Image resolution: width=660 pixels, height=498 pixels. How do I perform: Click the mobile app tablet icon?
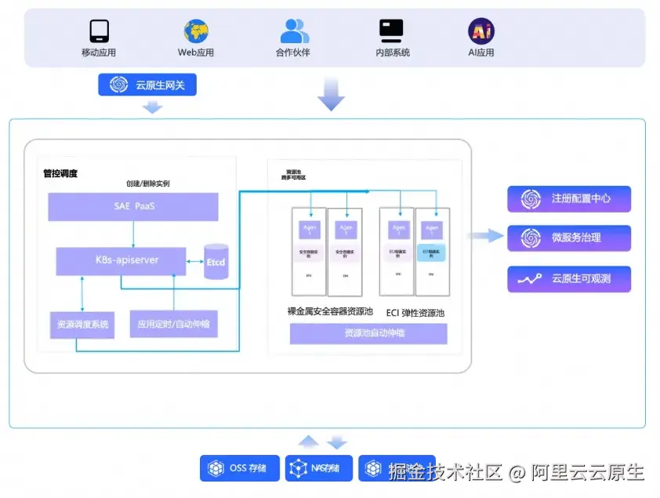click(99, 31)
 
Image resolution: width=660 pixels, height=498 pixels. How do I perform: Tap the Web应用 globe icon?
click(196, 31)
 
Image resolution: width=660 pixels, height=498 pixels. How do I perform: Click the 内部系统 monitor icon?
click(391, 31)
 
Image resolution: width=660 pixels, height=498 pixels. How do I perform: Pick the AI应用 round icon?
click(481, 31)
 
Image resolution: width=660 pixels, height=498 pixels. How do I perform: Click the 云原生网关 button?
click(147, 85)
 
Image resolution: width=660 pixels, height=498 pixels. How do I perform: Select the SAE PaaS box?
click(132, 206)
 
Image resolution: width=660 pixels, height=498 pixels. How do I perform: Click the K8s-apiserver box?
click(121, 260)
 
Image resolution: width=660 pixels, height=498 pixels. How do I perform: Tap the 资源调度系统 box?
click(82, 324)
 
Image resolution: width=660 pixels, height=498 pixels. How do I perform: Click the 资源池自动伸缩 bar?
click(368, 333)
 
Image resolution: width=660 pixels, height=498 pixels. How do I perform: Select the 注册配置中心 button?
click(569, 199)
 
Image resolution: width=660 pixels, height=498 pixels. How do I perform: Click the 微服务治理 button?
click(569, 238)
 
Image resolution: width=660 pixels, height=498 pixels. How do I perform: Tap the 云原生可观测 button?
click(569, 278)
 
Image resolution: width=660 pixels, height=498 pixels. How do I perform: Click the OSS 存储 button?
click(240, 468)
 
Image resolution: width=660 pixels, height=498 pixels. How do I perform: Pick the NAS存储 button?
click(318, 468)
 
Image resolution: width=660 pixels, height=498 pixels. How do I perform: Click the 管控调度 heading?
click(60, 173)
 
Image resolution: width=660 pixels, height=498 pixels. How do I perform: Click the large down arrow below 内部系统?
click(331, 94)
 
